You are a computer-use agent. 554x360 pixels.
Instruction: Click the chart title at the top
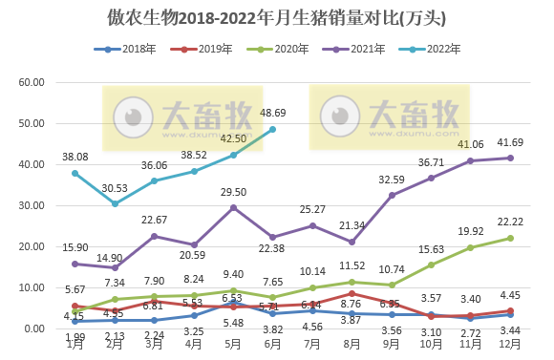pos(277,18)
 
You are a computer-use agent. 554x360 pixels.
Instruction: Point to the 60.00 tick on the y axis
pos(32,83)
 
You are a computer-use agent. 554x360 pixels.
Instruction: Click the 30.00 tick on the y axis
pos(32,206)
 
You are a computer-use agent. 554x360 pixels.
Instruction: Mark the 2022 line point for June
pos(272,130)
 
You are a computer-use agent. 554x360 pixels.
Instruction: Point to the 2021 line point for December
pos(511,158)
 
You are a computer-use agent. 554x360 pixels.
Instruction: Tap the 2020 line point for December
pos(511,238)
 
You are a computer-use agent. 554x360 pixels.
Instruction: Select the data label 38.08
pos(75,157)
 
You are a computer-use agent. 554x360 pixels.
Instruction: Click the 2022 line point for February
pos(114,203)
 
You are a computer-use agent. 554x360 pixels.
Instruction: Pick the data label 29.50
pos(233,192)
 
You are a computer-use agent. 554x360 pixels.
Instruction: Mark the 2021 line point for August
pos(352,242)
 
